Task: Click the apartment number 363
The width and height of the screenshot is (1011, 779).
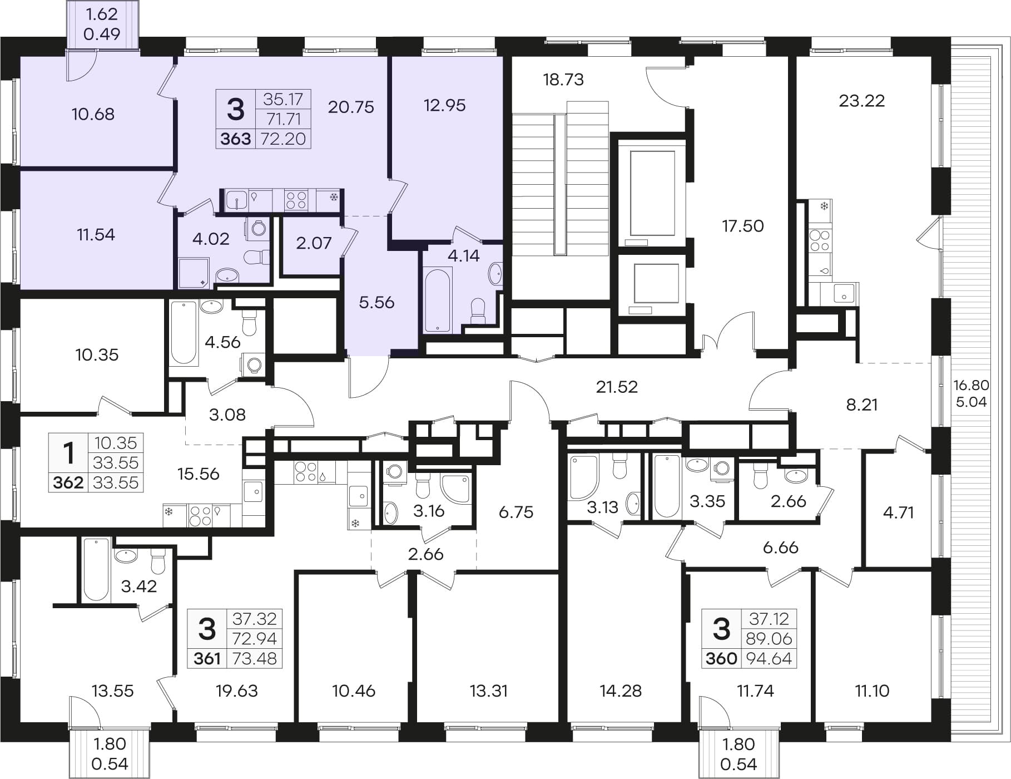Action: tap(236, 139)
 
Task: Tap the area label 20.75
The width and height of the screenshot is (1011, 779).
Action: tap(351, 106)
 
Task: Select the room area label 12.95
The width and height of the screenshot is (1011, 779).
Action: tap(445, 105)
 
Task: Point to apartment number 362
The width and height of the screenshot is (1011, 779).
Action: tap(68, 482)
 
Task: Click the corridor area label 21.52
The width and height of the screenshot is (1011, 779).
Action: tap(617, 386)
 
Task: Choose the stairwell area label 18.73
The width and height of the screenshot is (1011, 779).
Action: tap(563, 80)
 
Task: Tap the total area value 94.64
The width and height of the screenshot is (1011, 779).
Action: tap(770, 658)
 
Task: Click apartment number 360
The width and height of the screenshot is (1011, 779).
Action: tap(721, 659)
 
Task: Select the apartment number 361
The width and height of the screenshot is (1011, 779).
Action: tap(207, 659)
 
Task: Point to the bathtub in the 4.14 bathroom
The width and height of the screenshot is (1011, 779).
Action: tap(437, 300)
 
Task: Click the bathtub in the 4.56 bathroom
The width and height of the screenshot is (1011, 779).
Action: tap(184, 333)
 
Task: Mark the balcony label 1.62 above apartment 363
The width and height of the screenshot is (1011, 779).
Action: tap(102, 13)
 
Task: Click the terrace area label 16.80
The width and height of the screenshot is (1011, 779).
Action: tap(972, 385)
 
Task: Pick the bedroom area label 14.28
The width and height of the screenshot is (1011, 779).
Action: tap(621, 691)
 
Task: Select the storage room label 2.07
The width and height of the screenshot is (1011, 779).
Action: tap(314, 243)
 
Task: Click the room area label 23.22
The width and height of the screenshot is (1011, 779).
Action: tap(861, 101)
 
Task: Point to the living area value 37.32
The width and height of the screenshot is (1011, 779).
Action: tap(255, 619)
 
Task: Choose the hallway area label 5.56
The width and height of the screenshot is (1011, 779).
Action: tap(376, 302)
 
